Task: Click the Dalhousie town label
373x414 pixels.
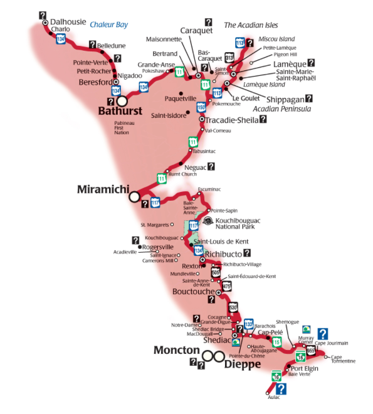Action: tap(68, 21)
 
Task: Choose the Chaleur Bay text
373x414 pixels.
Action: tap(108, 25)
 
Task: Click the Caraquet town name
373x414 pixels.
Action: tap(196, 31)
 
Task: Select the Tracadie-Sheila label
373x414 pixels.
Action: tap(232, 120)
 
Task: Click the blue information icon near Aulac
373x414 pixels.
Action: tap(281, 390)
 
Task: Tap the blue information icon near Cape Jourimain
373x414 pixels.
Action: tap(322, 334)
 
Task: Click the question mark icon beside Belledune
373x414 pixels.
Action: tap(92, 45)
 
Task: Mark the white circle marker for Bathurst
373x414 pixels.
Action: tap(122, 100)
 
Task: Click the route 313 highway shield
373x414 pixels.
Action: tap(230, 57)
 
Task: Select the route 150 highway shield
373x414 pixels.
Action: tap(201, 107)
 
